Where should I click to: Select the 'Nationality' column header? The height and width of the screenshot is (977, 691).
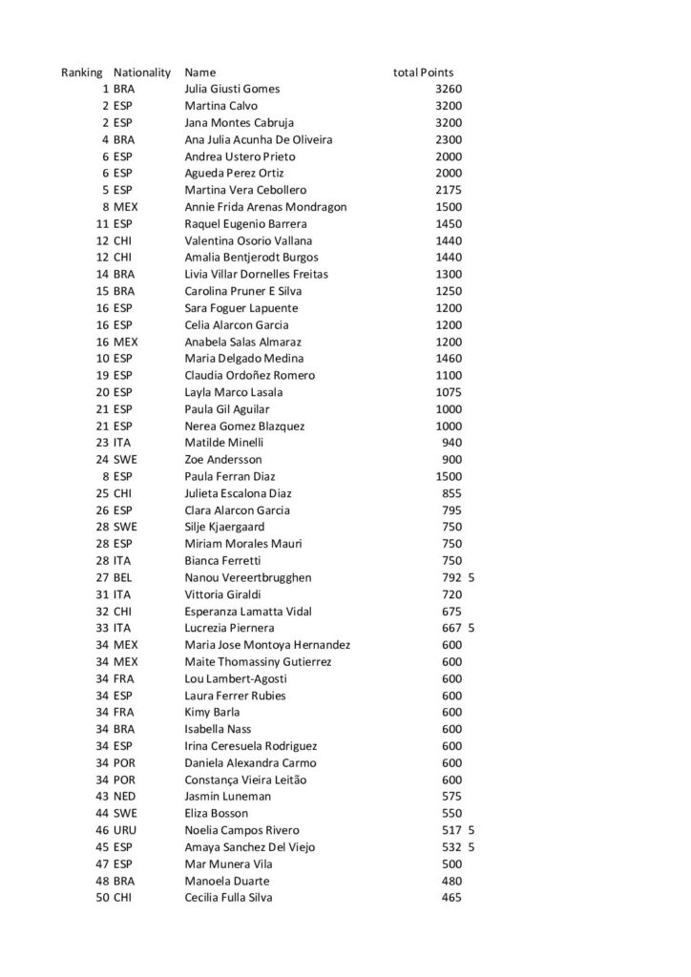[x=142, y=73]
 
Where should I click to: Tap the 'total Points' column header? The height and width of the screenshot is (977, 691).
[x=423, y=73]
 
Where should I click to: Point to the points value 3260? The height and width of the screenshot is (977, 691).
[x=448, y=89]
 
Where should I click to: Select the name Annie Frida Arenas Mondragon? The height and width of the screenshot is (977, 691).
[x=265, y=207]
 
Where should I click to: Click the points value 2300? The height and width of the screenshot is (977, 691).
[x=448, y=139]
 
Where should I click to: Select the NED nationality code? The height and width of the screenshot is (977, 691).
[x=125, y=796]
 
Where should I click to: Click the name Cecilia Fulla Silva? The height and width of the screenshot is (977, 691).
[x=231, y=898]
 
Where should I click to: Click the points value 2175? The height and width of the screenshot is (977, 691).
[x=448, y=190]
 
